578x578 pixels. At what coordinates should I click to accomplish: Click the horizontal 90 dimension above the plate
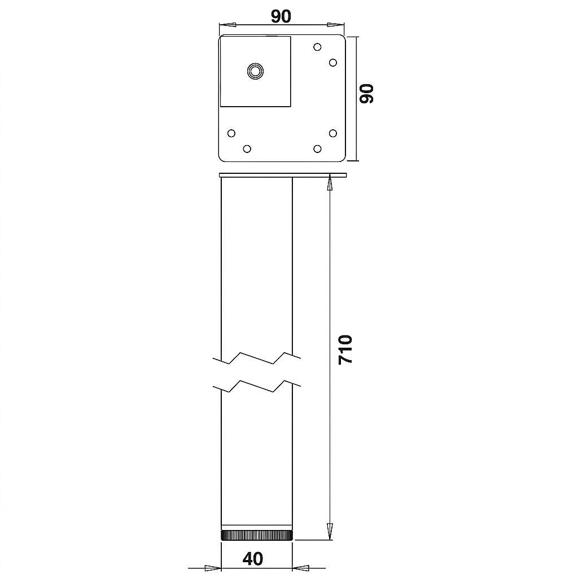coord(281,16)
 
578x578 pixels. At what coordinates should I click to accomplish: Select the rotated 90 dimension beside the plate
coord(366,94)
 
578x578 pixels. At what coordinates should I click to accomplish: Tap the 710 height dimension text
coord(345,350)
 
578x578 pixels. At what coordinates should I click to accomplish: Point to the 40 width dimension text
coord(253,558)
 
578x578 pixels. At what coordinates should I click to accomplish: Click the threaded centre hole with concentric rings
coord(255,71)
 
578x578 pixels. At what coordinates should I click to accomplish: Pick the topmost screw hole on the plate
coord(317,47)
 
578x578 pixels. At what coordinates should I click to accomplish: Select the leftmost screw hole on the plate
coord(231,133)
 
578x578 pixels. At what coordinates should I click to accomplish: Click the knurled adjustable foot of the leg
coord(257,535)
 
